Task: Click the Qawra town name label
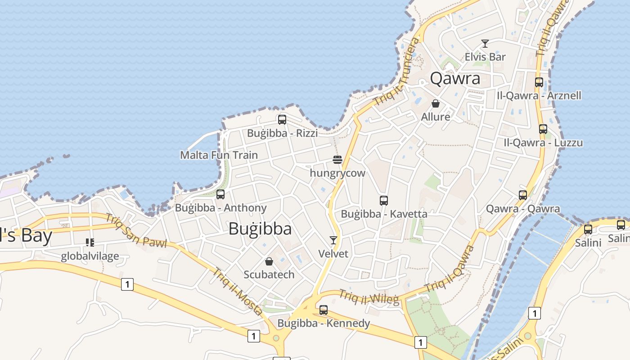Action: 455,79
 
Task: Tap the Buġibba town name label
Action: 260,229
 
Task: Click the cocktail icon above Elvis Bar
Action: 485,44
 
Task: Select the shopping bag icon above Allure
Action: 436,103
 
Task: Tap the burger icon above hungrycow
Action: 337,159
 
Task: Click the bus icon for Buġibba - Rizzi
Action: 282,120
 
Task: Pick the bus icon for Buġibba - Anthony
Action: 220,194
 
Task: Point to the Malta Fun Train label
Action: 219,155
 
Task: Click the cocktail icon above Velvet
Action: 333,240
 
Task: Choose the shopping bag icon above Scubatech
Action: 269,261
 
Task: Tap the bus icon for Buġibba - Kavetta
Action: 384,201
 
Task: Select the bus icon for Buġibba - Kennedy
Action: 324,310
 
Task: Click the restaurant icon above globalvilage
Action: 90,243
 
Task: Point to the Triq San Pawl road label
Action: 136,231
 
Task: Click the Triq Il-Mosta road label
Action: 238,292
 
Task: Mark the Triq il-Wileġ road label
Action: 369,297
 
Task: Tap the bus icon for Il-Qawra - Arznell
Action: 539,82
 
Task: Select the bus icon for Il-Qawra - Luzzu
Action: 543,129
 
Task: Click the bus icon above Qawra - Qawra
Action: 523,195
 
